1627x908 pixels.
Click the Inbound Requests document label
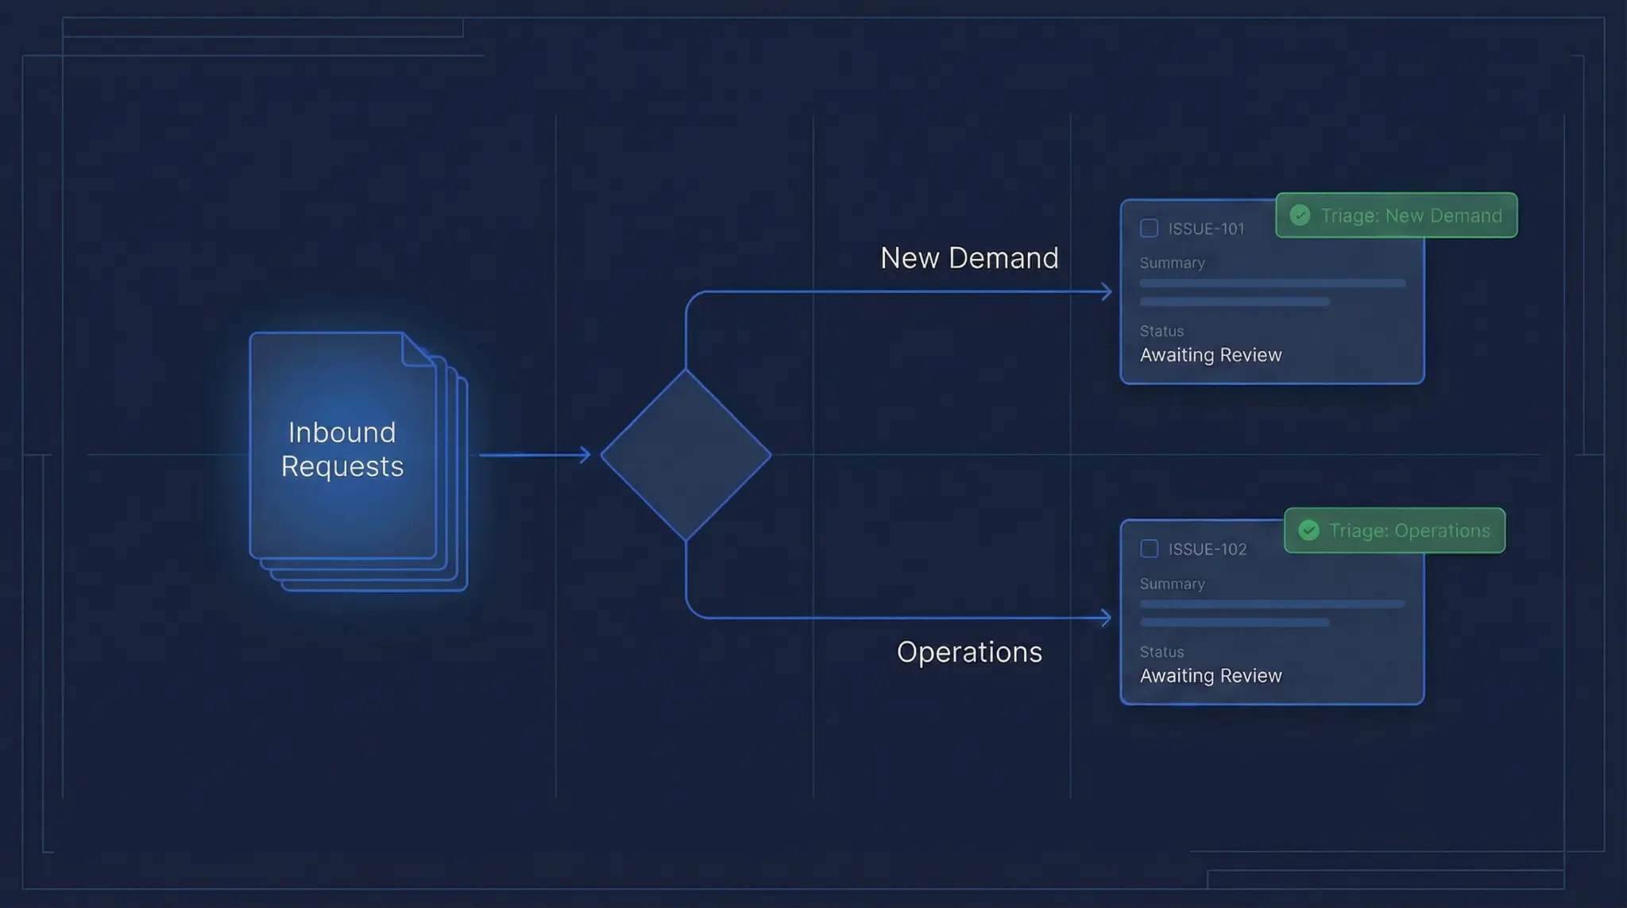(342, 449)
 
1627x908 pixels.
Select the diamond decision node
(686, 455)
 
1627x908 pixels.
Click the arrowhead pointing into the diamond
(585, 455)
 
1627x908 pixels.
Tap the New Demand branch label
(969, 258)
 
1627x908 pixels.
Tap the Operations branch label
(969, 652)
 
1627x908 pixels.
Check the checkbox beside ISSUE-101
(1149, 229)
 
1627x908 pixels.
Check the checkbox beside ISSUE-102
(1149, 549)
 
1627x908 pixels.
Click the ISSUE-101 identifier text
(1206, 229)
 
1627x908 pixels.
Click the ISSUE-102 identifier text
(1208, 549)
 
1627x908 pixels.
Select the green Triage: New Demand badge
(1396, 215)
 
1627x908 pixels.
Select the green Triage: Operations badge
(1394, 531)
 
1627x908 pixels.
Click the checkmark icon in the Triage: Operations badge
(1308, 531)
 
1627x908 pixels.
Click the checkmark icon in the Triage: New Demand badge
(1300, 215)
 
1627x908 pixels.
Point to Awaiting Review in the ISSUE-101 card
(1211, 355)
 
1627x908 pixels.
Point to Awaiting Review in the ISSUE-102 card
(1211, 676)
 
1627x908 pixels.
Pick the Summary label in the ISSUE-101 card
(1172, 263)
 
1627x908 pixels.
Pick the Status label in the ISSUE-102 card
(1161, 652)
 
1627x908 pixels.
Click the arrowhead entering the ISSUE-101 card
(1107, 292)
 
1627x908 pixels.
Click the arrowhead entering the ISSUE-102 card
(1107, 618)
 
